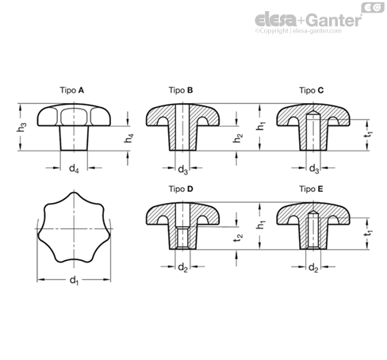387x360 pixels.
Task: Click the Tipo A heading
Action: (x=72, y=90)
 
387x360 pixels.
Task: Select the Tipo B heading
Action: (x=181, y=90)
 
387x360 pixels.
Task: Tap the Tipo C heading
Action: (x=311, y=90)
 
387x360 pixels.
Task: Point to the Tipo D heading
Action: (x=181, y=189)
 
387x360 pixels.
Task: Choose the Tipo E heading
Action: (x=311, y=189)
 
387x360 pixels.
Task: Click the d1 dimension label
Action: (x=74, y=281)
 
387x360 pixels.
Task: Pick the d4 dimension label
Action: (x=74, y=168)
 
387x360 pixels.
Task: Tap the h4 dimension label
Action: (x=128, y=138)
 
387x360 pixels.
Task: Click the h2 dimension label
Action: (x=238, y=138)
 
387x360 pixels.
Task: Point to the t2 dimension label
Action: (x=238, y=238)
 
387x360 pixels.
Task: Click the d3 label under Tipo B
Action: (x=182, y=170)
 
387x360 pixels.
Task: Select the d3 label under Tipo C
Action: (x=314, y=169)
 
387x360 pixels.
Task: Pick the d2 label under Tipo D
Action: (x=182, y=268)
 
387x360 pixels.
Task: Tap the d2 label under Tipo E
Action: (x=313, y=268)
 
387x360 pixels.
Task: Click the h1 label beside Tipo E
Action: (x=261, y=224)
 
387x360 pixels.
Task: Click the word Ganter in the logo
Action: (x=335, y=21)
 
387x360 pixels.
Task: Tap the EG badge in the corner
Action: (x=373, y=8)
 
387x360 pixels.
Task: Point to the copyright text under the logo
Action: (x=298, y=31)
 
